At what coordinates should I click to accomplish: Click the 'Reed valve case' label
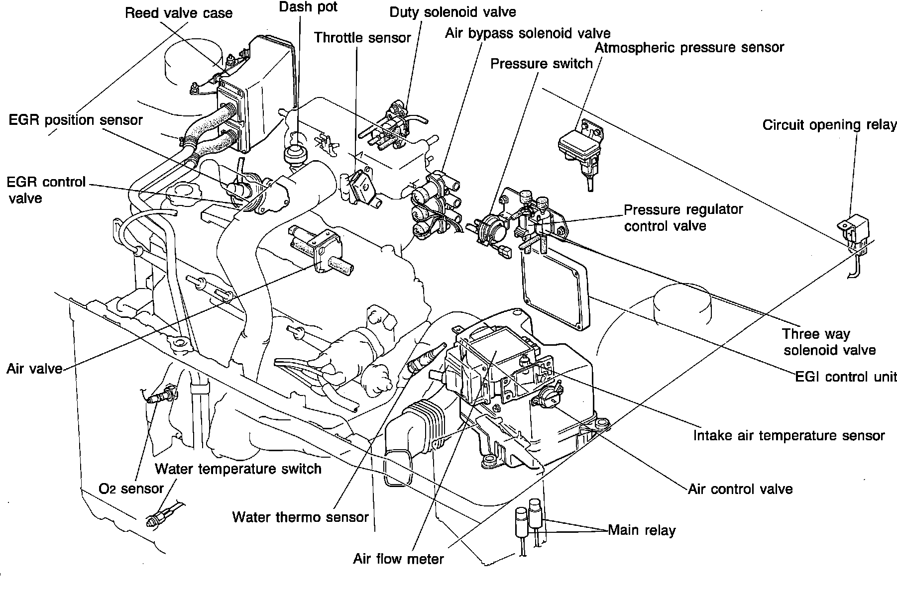pyautogui.click(x=178, y=13)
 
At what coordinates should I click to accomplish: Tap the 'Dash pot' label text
pyautogui.click(x=308, y=7)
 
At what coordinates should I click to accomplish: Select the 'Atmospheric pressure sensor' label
pyautogui.click(x=689, y=48)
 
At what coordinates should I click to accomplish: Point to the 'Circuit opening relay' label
pyautogui.click(x=829, y=125)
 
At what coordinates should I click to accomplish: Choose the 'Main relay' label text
pyautogui.click(x=642, y=530)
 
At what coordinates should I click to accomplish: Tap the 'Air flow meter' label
pyautogui.click(x=398, y=559)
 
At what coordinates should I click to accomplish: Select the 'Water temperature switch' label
pyautogui.click(x=238, y=469)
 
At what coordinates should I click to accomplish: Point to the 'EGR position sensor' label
pyautogui.click(x=76, y=120)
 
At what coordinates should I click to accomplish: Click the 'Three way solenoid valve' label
pyautogui.click(x=829, y=342)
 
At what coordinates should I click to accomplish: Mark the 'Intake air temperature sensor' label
pyautogui.click(x=789, y=436)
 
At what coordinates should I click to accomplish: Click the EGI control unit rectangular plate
pyautogui.click(x=554, y=289)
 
